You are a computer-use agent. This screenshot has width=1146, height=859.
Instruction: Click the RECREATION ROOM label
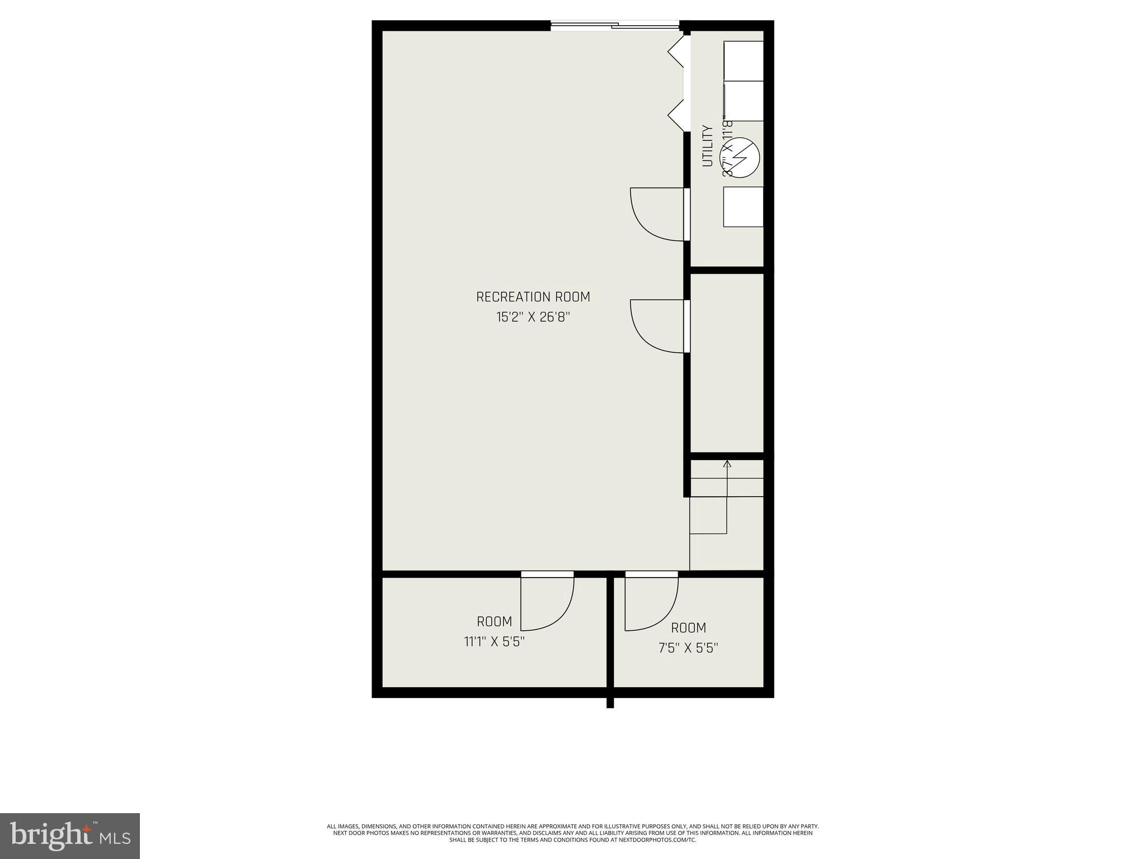point(533,297)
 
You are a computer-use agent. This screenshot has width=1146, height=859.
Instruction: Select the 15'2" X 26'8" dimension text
point(533,317)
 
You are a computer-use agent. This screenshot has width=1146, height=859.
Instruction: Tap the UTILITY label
point(708,146)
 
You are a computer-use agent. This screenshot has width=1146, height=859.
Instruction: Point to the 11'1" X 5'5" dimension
point(494,641)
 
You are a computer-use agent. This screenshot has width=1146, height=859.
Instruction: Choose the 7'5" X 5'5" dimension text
point(688,648)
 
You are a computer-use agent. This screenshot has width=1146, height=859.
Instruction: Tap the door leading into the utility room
point(657,214)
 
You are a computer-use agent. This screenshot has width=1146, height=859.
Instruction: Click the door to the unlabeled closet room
point(657,326)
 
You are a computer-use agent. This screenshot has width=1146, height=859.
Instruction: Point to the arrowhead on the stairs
point(727,464)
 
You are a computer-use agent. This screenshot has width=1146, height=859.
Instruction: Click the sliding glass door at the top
point(614,25)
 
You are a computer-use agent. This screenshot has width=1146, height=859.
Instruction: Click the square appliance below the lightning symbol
point(743,207)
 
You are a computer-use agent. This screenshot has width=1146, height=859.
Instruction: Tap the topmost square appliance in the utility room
point(744,60)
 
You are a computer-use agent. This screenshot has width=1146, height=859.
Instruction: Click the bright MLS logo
point(69,836)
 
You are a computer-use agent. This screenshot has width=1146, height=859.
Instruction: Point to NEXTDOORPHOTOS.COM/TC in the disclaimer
point(657,839)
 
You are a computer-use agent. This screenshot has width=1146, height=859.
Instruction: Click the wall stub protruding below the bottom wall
point(610,702)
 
